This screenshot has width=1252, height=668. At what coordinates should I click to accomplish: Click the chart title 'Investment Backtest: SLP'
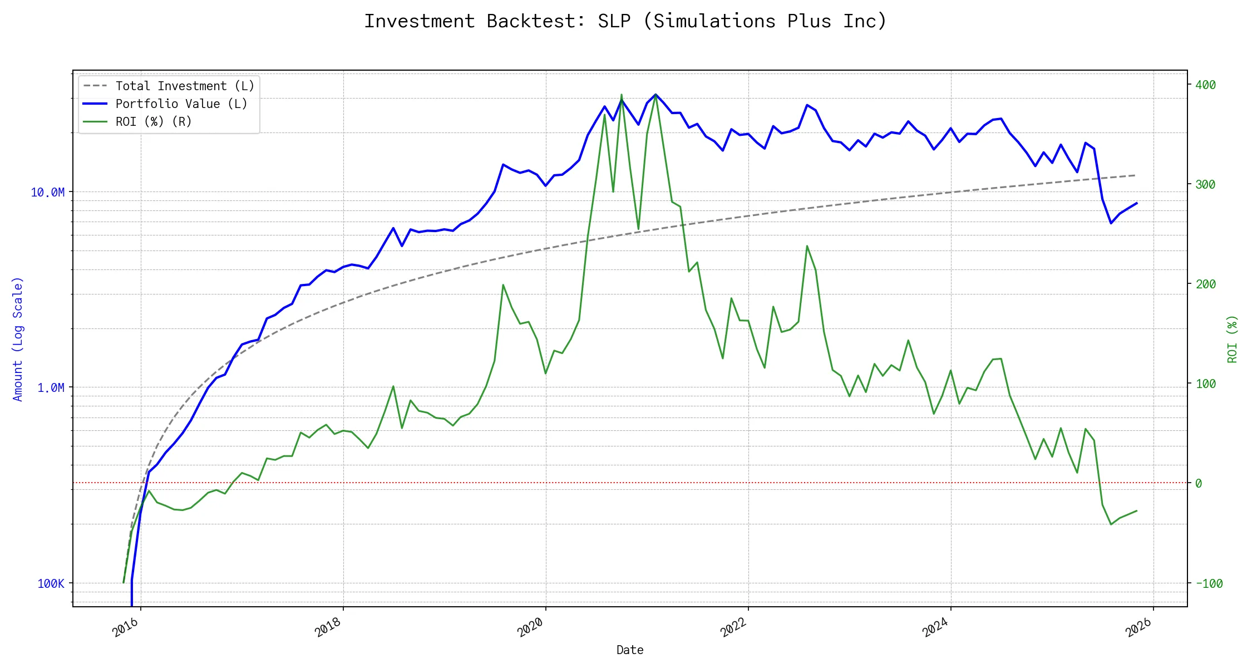tap(625, 21)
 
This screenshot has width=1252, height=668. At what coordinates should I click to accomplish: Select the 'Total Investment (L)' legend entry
tap(184, 86)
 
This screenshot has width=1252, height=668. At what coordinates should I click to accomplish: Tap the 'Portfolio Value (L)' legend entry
tap(181, 104)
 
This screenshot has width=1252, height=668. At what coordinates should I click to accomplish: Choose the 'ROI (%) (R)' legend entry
tap(153, 121)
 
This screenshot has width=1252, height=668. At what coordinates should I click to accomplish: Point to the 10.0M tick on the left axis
tap(47, 193)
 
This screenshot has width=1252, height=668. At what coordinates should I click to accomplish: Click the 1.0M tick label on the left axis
tap(51, 388)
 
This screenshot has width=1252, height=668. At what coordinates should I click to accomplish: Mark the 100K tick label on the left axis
tap(51, 583)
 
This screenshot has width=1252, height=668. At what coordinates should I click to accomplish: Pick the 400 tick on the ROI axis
tap(1205, 85)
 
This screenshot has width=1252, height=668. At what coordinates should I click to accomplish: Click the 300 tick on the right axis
tap(1205, 184)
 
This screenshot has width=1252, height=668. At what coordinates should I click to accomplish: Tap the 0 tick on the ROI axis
tap(1199, 483)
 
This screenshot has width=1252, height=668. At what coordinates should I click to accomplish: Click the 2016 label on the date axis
tap(126, 627)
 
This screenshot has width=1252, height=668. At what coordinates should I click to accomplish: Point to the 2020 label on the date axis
tap(530, 627)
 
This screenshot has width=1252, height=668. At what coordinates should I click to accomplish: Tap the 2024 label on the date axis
tap(935, 627)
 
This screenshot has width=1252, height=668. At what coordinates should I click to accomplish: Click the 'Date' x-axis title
tap(630, 650)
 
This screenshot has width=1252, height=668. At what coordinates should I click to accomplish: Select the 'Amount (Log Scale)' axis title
tap(18, 338)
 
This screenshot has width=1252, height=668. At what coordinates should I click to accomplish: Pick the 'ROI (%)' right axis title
tap(1232, 338)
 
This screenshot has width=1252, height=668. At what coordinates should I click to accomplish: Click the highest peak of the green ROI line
tap(622, 95)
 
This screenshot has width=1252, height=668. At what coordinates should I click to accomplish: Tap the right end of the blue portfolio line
tap(1137, 203)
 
